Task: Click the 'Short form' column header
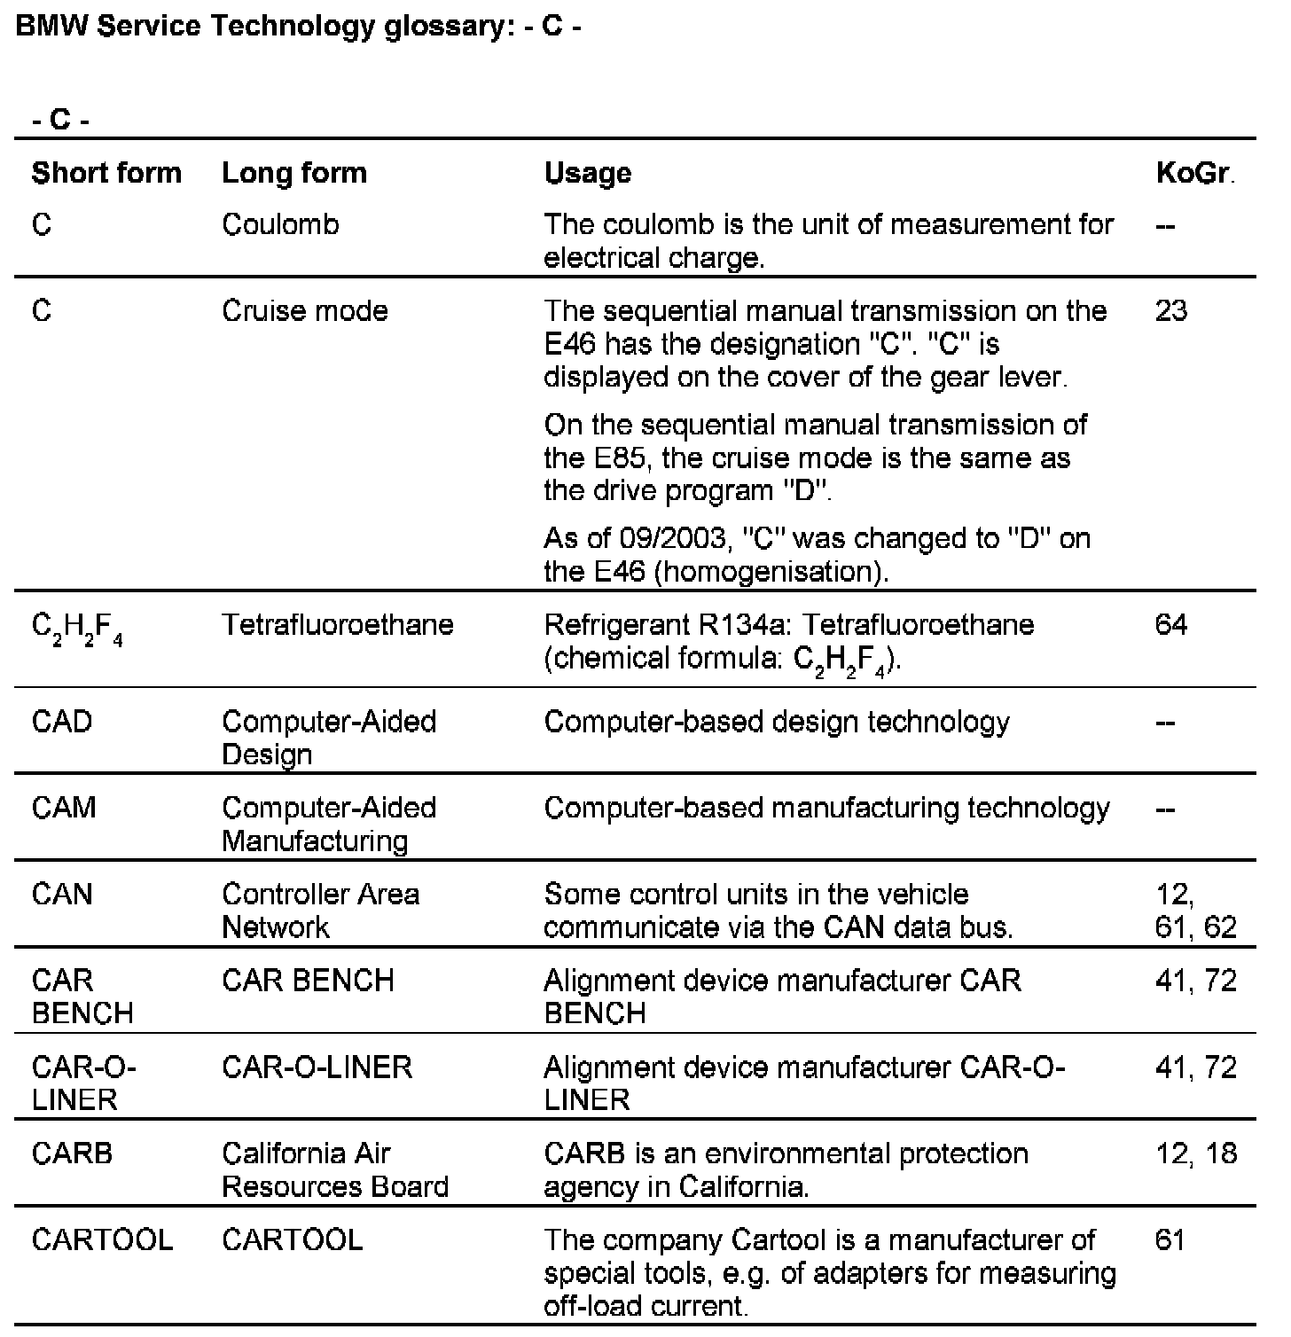106,172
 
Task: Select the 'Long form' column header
293,172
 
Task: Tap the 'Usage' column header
587,172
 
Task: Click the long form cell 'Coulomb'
280,224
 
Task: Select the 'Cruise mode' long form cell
305,311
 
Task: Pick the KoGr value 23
1171,311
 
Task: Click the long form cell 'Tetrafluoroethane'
337,625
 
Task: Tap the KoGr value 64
1171,625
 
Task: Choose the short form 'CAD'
62,722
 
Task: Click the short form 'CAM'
64,808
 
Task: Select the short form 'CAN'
62,894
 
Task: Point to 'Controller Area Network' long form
320,911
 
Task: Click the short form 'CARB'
72,1153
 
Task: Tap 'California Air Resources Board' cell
334,1170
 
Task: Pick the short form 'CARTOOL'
102,1239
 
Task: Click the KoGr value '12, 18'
1196,1153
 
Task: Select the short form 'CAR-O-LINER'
83,1083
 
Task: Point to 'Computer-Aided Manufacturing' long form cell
329,825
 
